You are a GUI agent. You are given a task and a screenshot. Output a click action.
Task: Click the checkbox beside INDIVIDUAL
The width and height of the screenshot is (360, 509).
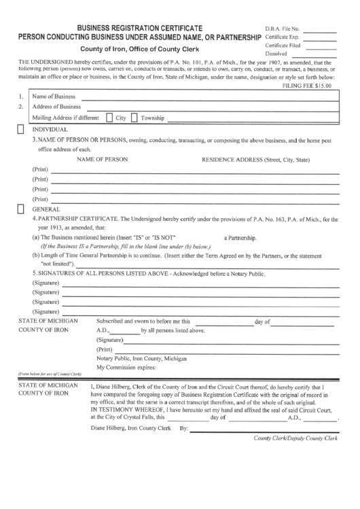(20, 130)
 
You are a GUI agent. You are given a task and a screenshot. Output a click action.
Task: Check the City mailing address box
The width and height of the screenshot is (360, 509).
(110, 118)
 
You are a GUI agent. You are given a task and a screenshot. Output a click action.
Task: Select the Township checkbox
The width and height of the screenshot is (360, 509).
(134, 118)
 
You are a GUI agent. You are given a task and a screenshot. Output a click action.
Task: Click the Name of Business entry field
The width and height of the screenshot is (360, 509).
(211, 96)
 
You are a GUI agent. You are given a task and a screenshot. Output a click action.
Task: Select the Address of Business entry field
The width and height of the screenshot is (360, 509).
(211, 107)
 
